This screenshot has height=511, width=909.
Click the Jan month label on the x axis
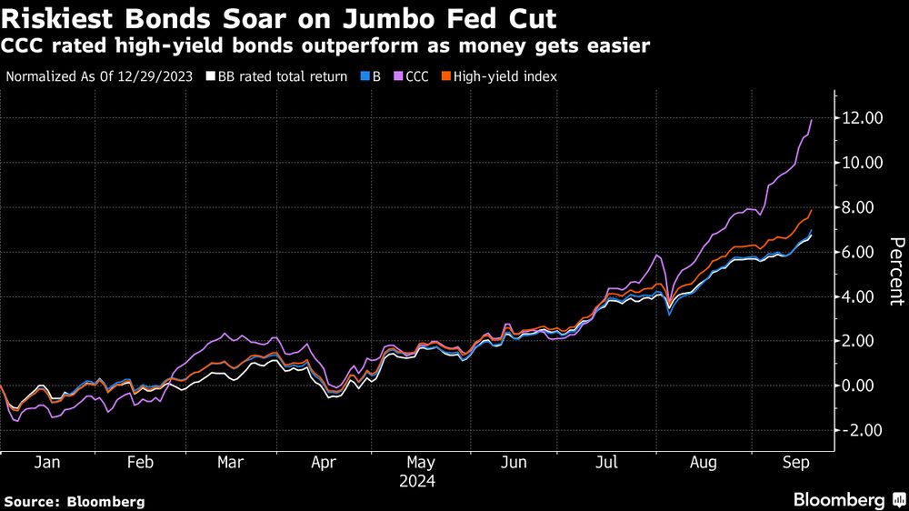(x=46, y=462)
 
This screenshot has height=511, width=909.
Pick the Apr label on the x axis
(x=325, y=462)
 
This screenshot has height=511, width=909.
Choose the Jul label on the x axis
(x=606, y=462)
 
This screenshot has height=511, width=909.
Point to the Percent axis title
(x=895, y=270)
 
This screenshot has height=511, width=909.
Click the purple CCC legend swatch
(x=397, y=77)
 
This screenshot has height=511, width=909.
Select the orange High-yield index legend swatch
(x=446, y=77)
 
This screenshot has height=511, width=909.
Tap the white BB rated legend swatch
(x=211, y=77)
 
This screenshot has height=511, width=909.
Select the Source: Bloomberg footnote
(x=75, y=501)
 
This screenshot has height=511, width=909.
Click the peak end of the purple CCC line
(x=811, y=120)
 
